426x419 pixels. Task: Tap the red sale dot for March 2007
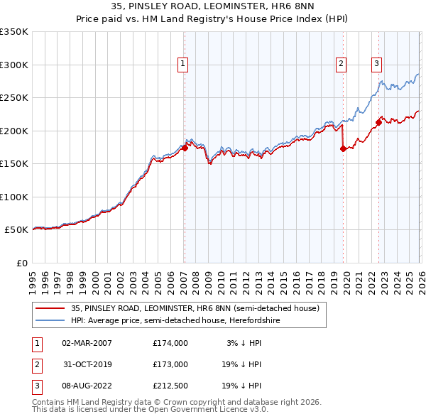[185, 148]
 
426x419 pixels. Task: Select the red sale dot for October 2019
[343, 148]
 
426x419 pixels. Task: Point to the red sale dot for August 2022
[378, 122]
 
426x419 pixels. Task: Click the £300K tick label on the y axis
[14, 65]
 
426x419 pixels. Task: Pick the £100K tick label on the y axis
[14, 197]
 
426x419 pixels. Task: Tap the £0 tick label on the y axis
[21, 263]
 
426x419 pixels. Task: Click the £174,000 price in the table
[170, 343]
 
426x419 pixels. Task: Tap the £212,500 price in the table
[170, 386]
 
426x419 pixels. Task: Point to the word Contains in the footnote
[50, 402]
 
